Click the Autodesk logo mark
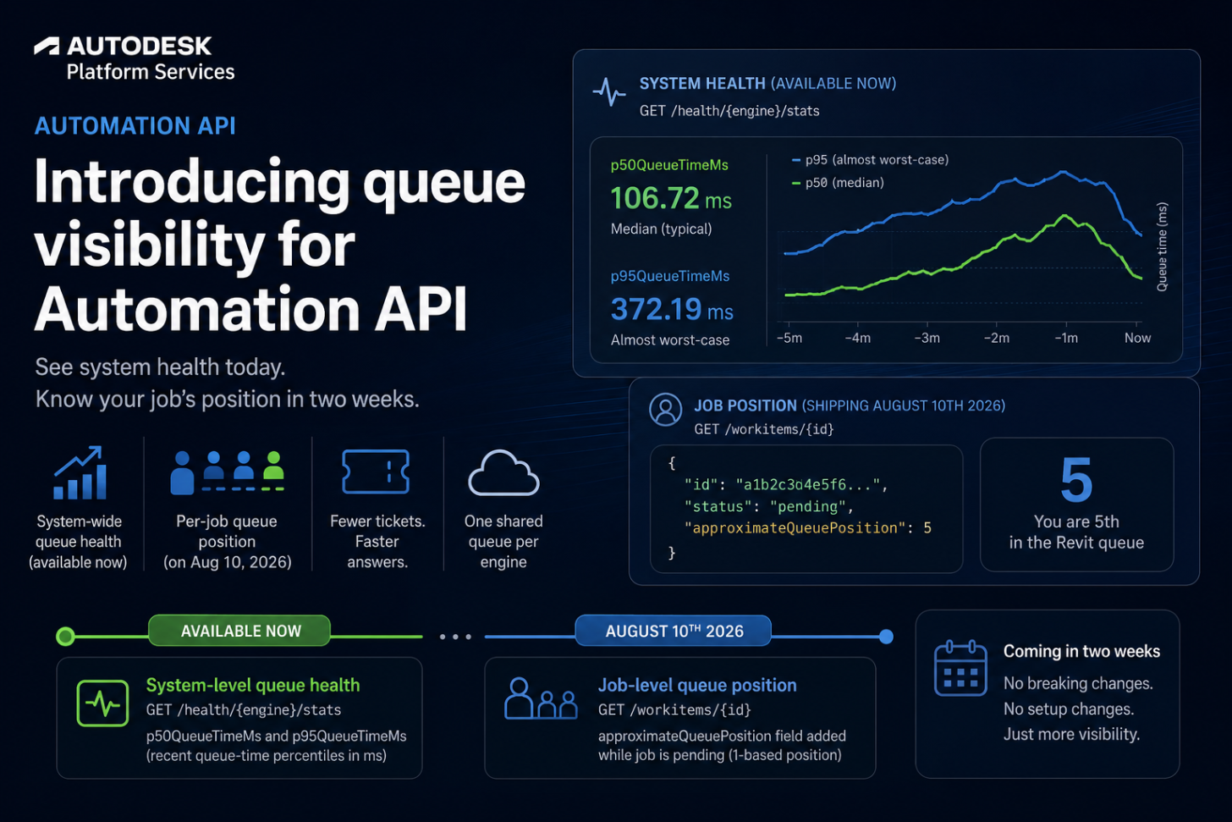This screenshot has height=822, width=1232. (x=47, y=47)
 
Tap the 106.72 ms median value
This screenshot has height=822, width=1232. (x=671, y=198)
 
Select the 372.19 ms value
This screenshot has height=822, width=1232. (x=672, y=309)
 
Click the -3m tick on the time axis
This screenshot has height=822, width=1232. (x=927, y=338)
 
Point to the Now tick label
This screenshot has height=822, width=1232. (x=1137, y=338)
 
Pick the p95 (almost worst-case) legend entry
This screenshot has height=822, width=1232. (x=870, y=159)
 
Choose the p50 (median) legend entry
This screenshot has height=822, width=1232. (x=838, y=183)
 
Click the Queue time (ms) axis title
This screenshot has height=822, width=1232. (x=1162, y=246)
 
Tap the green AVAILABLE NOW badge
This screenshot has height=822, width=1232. (x=239, y=631)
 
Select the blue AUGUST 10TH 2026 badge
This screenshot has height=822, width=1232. (x=674, y=631)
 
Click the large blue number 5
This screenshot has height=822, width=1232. (x=1076, y=480)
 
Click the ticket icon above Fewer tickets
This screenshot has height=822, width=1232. (x=376, y=472)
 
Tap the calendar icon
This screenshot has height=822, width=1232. (x=960, y=668)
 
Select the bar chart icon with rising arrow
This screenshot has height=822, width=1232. (x=80, y=472)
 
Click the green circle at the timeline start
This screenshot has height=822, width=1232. (x=65, y=637)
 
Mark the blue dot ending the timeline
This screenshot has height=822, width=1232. (x=886, y=637)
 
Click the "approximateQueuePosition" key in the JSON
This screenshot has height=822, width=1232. (x=795, y=528)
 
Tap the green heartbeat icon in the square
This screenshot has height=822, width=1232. (x=103, y=703)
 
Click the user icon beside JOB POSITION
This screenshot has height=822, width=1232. (x=665, y=410)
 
